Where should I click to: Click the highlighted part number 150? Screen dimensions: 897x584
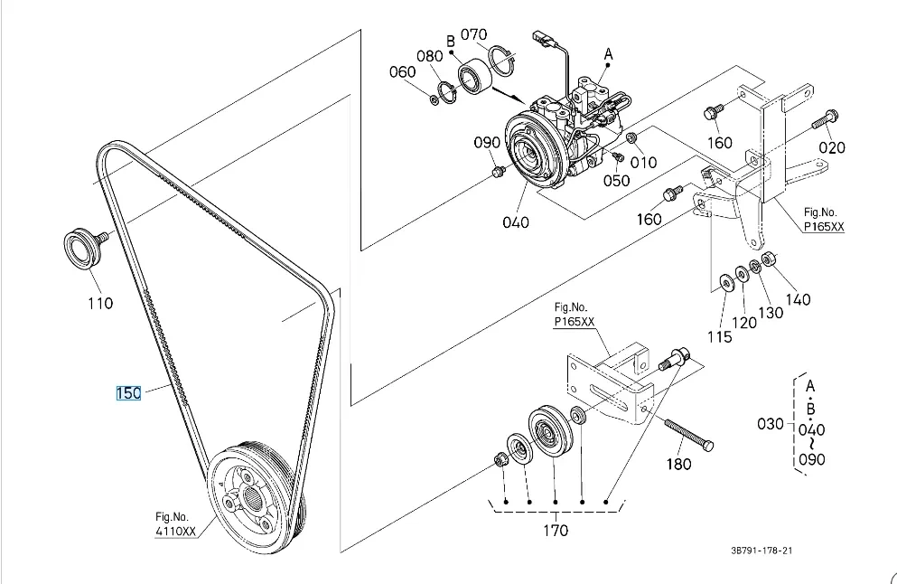(x=128, y=393)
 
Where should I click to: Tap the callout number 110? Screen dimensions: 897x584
(x=100, y=303)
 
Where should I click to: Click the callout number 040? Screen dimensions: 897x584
(x=516, y=222)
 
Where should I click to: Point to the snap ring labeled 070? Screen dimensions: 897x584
(x=502, y=60)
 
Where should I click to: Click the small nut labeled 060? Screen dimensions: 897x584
(x=434, y=100)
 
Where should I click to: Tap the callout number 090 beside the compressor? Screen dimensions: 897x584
(x=487, y=142)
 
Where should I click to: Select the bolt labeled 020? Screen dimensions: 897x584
(x=825, y=119)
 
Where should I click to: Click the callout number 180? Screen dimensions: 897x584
(x=679, y=464)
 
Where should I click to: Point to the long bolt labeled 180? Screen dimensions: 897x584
(x=688, y=435)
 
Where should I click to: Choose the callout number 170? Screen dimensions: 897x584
(x=556, y=531)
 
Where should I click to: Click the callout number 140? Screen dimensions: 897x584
(x=798, y=299)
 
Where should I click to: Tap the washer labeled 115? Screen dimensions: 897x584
(x=727, y=282)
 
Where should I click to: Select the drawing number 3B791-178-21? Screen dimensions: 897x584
(x=762, y=551)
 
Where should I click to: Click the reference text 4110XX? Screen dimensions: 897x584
(x=175, y=532)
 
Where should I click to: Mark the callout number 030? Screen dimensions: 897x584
(x=770, y=424)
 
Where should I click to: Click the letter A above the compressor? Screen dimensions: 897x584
(x=608, y=54)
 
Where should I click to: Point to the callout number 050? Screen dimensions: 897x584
(x=616, y=181)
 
